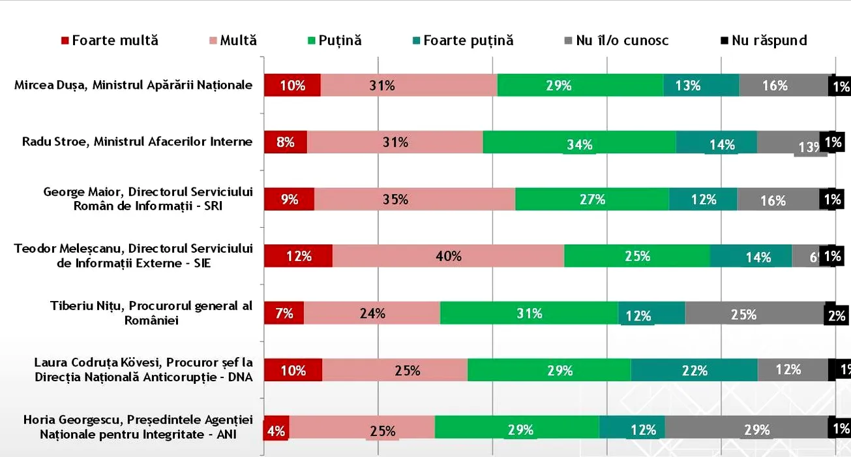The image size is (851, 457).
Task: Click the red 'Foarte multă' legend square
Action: (x=65, y=40)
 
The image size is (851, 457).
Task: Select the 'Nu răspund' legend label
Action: (x=769, y=40)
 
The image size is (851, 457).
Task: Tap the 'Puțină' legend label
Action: (x=340, y=40)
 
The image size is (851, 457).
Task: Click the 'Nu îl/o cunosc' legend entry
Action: (x=622, y=40)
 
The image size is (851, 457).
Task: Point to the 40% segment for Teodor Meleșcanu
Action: (x=448, y=256)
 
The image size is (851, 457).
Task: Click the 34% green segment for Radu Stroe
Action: (x=579, y=142)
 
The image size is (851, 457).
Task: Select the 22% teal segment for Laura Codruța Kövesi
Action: (x=694, y=370)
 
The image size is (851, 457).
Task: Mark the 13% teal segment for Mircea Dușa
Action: (x=701, y=86)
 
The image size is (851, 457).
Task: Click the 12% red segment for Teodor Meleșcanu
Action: (x=298, y=256)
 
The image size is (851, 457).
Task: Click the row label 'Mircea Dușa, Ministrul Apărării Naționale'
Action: (x=133, y=85)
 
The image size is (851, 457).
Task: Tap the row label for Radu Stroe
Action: (x=137, y=142)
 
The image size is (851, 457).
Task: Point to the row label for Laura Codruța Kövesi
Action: (x=143, y=369)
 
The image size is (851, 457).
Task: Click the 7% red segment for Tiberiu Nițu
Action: (x=284, y=313)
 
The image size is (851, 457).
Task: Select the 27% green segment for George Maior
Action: (x=591, y=199)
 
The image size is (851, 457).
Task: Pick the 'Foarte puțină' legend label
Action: (x=468, y=40)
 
